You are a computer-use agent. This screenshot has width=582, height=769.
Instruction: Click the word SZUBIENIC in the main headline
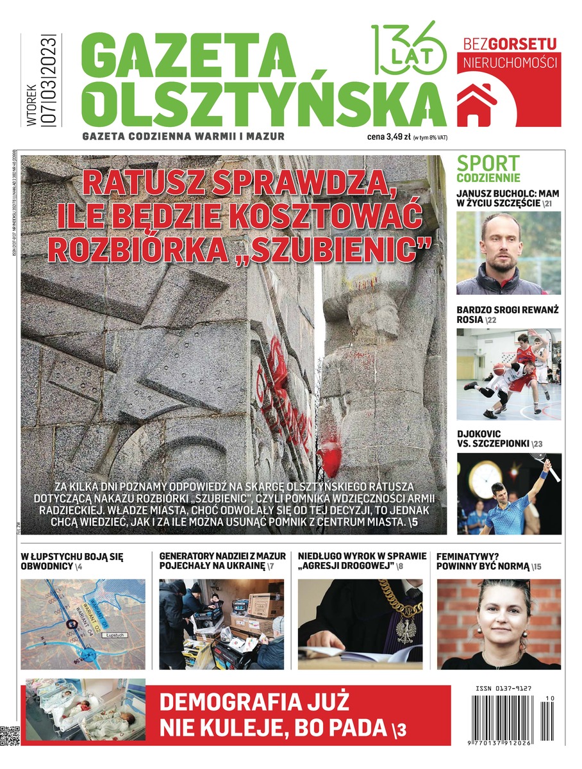pyautogui.click(x=350, y=249)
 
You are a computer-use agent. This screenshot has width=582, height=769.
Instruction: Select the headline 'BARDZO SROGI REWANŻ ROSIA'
pyautogui.click(x=507, y=315)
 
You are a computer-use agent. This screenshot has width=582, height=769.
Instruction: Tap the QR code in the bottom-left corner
pyautogui.click(x=12, y=734)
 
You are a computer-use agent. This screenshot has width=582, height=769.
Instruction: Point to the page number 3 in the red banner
pyautogui.click(x=401, y=729)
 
